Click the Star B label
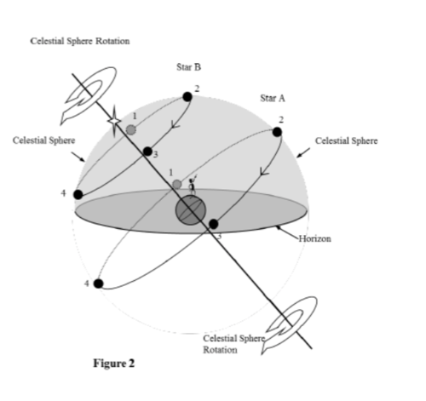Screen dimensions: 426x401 point(189,67)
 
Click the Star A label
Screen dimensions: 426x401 point(273,98)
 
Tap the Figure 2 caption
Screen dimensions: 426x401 point(114,364)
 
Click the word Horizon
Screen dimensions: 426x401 point(315,238)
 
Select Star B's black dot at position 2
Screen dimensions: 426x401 point(187,97)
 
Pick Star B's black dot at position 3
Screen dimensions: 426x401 point(147,152)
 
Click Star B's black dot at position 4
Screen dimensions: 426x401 point(78,195)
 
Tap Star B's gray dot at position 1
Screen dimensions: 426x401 point(131,129)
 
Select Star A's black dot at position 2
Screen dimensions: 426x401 point(277,132)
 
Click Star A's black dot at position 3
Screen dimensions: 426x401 point(214,224)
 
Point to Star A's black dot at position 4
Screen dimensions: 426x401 point(98,284)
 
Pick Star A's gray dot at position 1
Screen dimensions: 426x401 point(177,185)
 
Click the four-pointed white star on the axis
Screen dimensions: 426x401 point(114,122)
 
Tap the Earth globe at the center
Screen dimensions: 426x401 point(191,210)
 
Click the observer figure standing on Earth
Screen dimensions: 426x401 point(193,185)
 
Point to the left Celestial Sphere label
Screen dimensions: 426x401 point(44,140)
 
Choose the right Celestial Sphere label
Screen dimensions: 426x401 point(347,140)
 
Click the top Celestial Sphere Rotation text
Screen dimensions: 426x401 point(80,41)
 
